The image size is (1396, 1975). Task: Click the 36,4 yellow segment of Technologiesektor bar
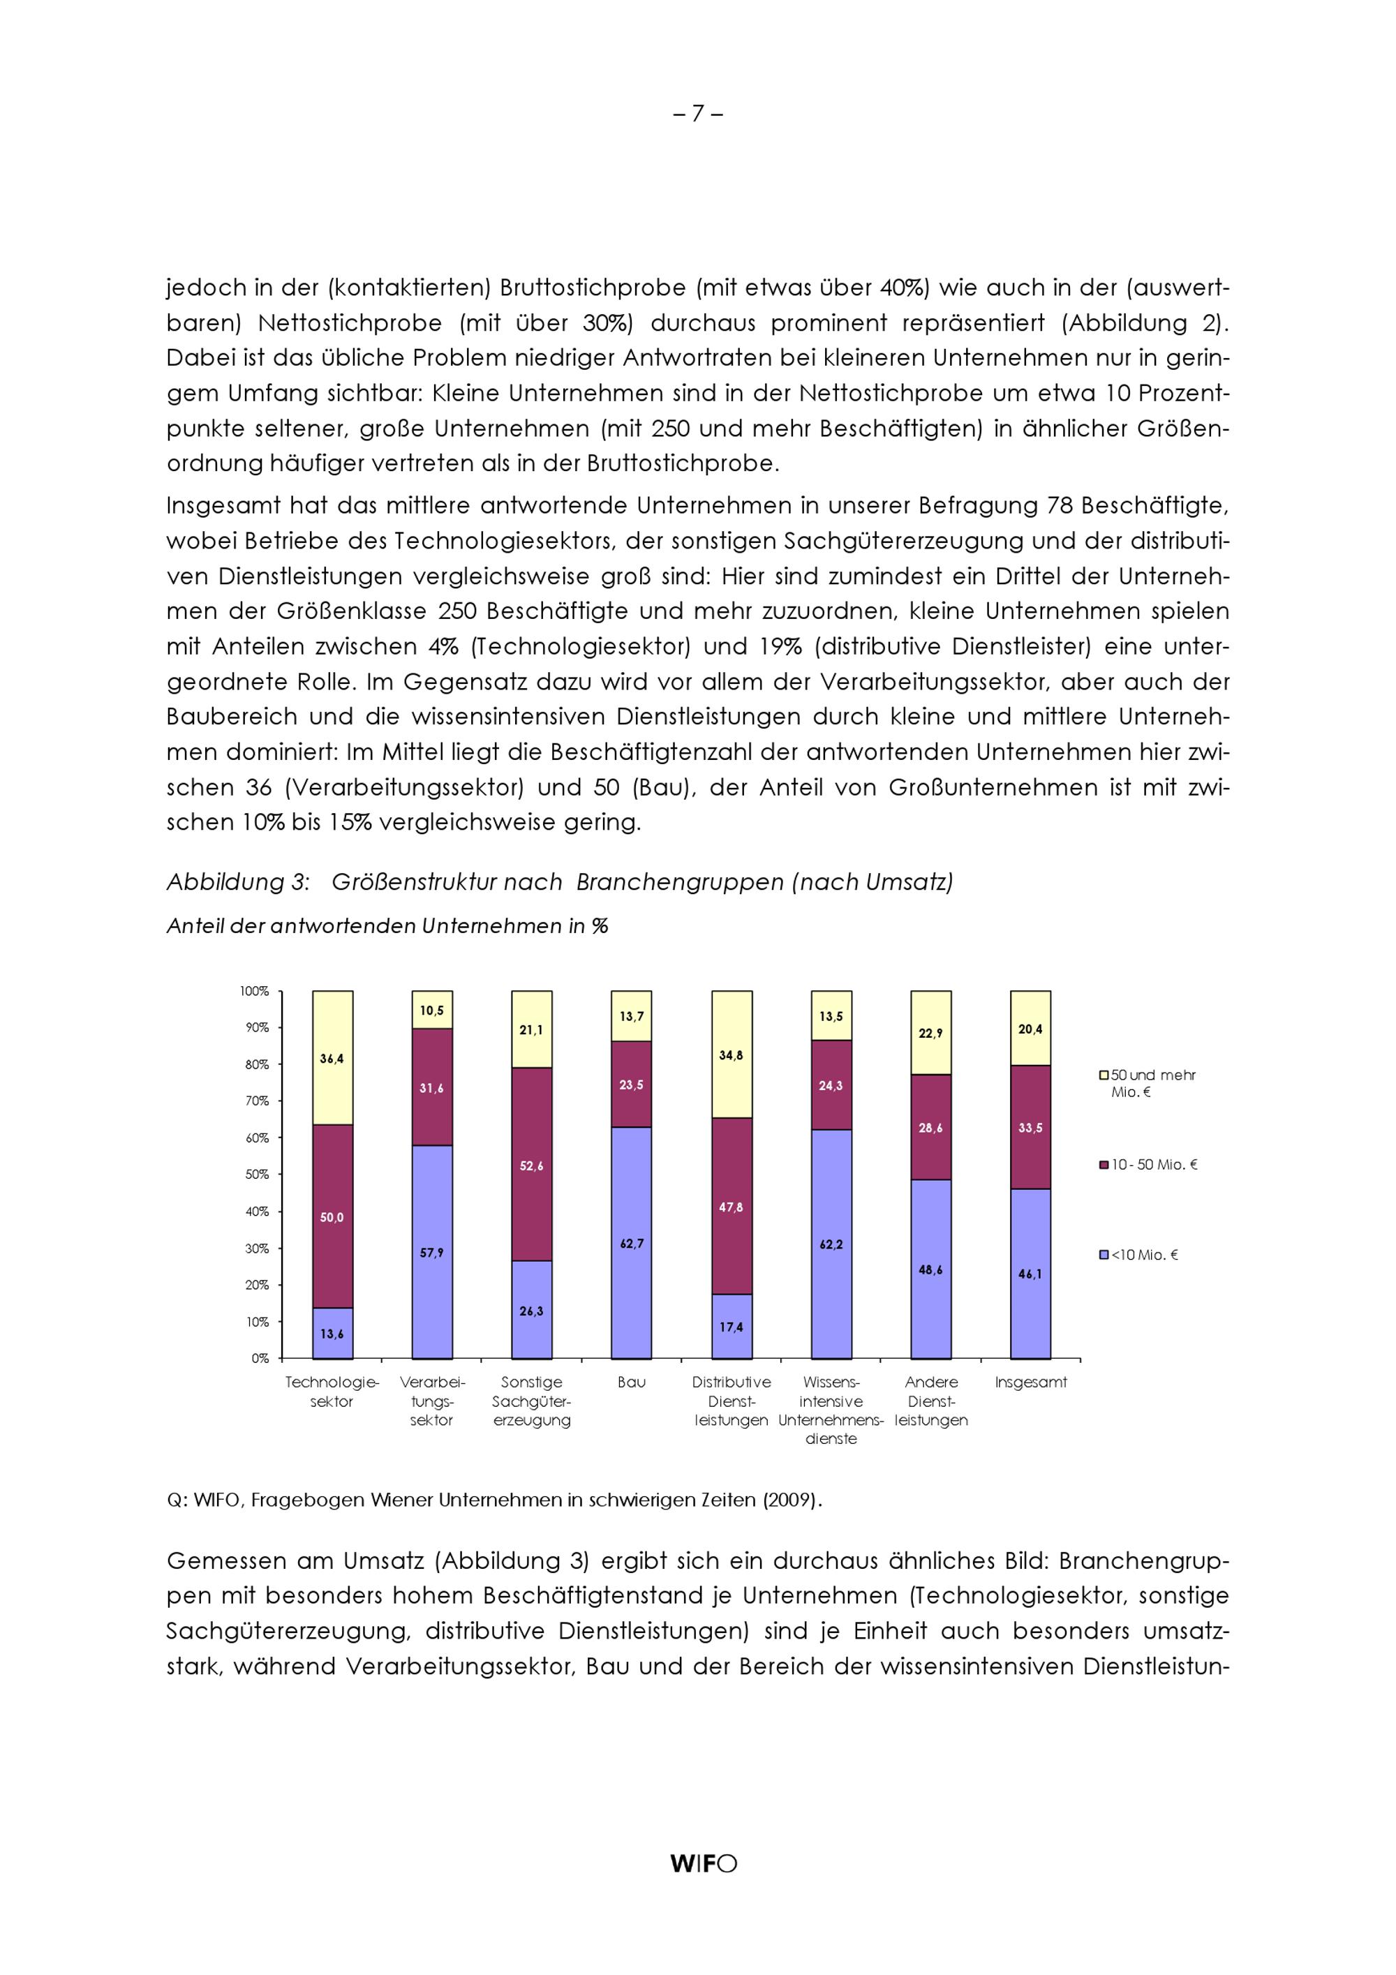332,1059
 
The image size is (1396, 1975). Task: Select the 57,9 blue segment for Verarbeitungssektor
432,1253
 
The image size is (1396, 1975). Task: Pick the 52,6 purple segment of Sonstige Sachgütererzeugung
532,1165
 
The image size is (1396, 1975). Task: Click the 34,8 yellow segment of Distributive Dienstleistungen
731,1055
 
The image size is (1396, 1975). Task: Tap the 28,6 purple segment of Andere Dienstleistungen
930,1128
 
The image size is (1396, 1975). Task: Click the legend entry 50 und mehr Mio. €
1151,1083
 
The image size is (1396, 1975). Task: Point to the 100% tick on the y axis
255,991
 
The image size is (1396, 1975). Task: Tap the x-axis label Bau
631,1382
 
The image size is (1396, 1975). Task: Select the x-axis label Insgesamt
1030,1382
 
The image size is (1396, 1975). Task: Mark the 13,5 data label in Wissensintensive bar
831,1017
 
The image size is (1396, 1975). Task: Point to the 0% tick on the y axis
260,1358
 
